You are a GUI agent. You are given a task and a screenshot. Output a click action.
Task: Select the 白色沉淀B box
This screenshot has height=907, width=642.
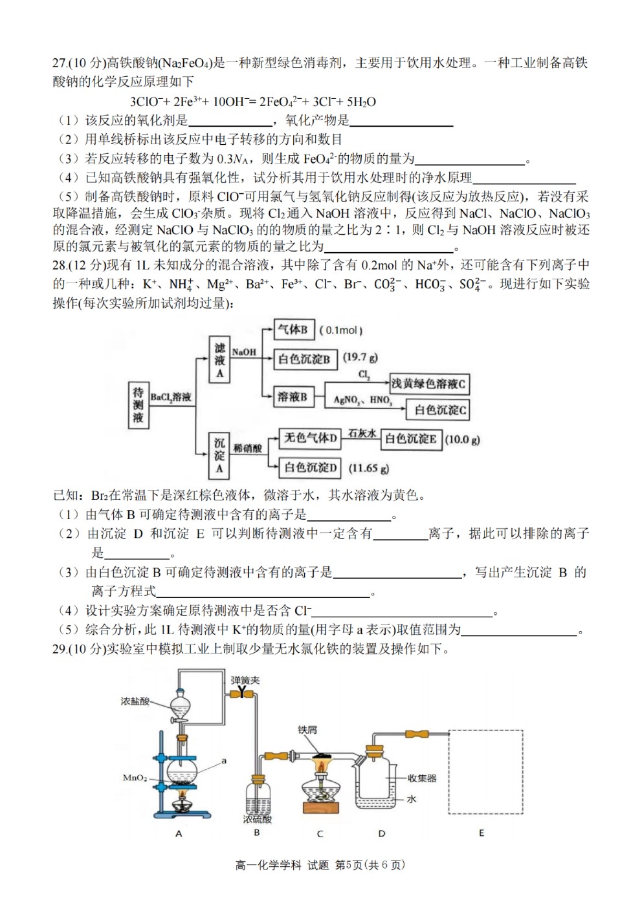pyautogui.click(x=305, y=359)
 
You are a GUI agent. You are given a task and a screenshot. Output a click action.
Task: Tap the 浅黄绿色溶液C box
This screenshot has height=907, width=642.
pyautogui.click(x=429, y=384)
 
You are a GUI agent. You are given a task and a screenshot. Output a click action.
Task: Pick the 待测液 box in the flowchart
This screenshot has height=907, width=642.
pyautogui.click(x=138, y=405)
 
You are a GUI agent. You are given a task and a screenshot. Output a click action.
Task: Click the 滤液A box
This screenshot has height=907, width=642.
pyautogui.click(x=219, y=359)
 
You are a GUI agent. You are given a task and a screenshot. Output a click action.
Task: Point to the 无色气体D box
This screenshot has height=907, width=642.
pyautogui.click(x=309, y=438)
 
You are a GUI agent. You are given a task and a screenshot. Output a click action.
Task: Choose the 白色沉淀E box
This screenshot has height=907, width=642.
pyautogui.click(x=411, y=440)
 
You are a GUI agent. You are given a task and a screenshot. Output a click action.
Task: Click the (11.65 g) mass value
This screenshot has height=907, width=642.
pyautogui.click(x=369, y=469)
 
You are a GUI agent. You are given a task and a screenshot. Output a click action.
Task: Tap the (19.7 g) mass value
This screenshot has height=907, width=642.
pyautogui.click(x=360, y=357)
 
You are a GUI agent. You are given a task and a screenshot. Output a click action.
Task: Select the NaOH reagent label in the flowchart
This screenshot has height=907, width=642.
pyautogui.click(x=244, y=352)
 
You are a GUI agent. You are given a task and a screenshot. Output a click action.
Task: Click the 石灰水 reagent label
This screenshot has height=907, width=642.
pyautogui.click(x=361, y=433)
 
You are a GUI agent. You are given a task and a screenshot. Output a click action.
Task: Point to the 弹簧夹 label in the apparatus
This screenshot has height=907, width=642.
pyautogui.click(x=245, y=680)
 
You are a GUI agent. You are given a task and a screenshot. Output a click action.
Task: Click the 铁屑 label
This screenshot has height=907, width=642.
pyautogui.click(x=307, y=730)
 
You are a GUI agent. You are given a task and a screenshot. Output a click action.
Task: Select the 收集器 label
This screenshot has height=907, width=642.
pyautogui.click(x=423, y=778)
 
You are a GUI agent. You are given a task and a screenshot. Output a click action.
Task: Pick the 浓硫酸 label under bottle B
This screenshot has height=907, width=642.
pyautogui.click(x=257, y=819)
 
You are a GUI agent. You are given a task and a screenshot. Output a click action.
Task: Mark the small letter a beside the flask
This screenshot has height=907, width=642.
pyautogui.click(x=224, y=761)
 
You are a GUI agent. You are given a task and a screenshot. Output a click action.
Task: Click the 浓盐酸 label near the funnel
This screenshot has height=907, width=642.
pyautogui.click(x=135, y=701)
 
